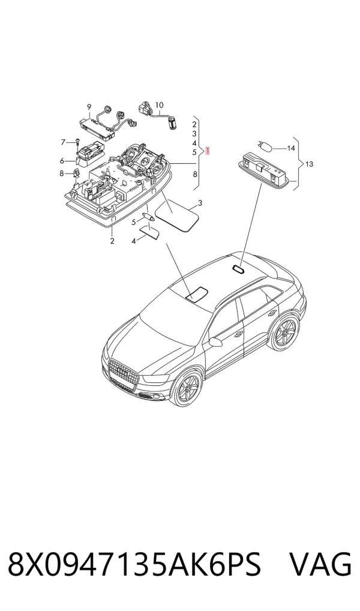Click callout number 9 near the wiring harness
click(x=89, y=107)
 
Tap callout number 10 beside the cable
click(x=160, y=105)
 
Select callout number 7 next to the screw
click(x=63, y=143)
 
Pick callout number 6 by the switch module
click(x=62, y=161)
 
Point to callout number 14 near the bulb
click(x=291, y=148)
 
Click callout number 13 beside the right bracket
click(x=309, y=164)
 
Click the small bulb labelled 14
click(x=265, y=148)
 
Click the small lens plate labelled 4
click(x=149, y=232)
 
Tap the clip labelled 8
click(x=76, y=173)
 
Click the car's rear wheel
click(x=286, y=333)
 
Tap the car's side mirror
click(x=215, y=342)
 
